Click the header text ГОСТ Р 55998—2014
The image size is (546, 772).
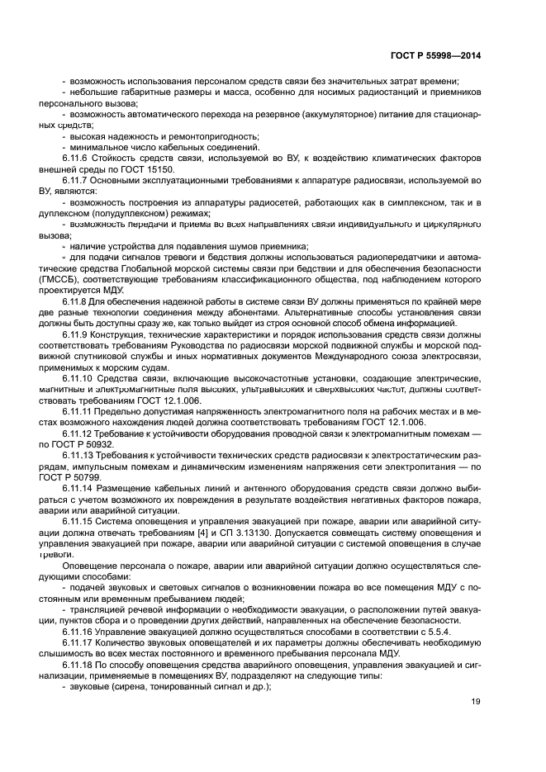click(x=435, y=55)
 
